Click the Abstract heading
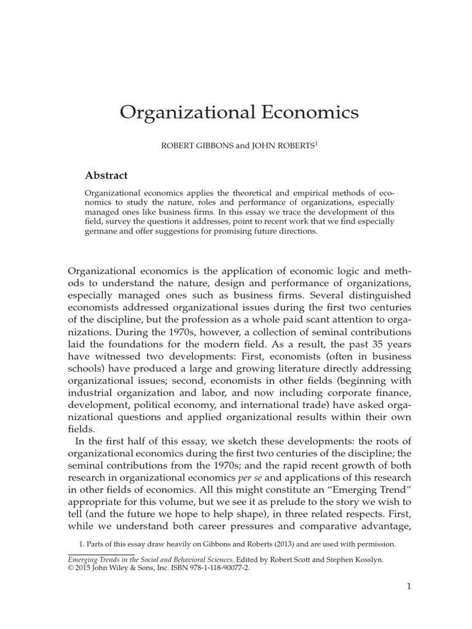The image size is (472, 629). pyautogui.click(x=106, y=176)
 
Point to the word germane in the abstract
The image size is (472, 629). pyautogui.click(x=102, y=232)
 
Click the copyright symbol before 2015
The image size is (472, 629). pyautogui.click(x=71, y=569)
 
